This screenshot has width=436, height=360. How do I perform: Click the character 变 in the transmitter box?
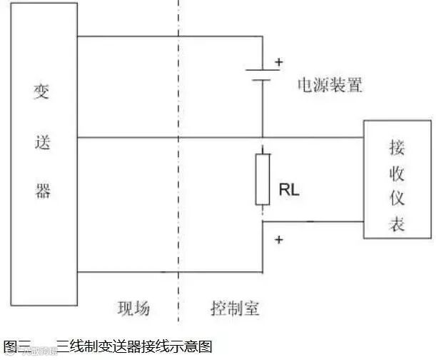click(42, 93)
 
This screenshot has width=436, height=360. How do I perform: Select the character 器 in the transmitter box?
click(42, 190)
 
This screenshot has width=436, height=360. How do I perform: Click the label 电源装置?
click(330, 86)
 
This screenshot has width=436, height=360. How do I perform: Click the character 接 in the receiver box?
click(396, 148)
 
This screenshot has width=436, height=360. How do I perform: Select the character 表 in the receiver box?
click(396, 225)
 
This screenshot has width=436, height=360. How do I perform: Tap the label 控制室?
click(235, 309)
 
